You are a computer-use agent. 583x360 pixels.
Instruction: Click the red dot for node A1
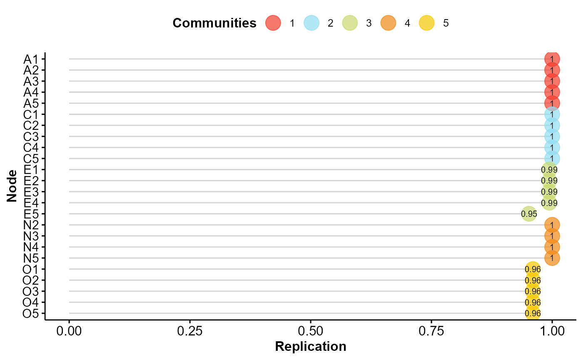(x=552, y=59)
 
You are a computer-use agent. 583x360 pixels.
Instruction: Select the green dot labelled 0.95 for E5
(x=529, y=214)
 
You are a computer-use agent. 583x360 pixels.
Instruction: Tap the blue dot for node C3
(x=552, y=137)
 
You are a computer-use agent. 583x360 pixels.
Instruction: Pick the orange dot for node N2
(x=552, y=225)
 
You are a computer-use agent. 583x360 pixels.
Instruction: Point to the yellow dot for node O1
(x=533, y=269)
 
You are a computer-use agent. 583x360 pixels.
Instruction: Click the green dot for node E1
(x=549, y=170)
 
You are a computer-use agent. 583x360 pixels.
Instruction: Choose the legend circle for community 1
(x=273, y=23)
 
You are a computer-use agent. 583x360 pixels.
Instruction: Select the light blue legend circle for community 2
(x=311, y=23)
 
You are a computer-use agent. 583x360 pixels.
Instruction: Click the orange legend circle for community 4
(x=389, y=23)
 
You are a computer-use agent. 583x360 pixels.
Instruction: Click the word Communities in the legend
(x=214, y=23)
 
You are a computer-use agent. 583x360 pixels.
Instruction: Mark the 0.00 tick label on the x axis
(x=69, y=332)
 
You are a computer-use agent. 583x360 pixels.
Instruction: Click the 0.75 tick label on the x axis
(x=431, y=332)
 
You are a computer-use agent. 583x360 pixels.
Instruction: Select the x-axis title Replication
(x=311, y=347)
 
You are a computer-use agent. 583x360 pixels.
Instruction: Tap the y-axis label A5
(x=31, y=103)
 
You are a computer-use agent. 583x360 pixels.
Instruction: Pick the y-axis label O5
(x=31, y=313)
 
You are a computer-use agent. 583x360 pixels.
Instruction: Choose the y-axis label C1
(x=31, y=114)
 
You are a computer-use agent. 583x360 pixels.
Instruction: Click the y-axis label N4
(x=31, y=247)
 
